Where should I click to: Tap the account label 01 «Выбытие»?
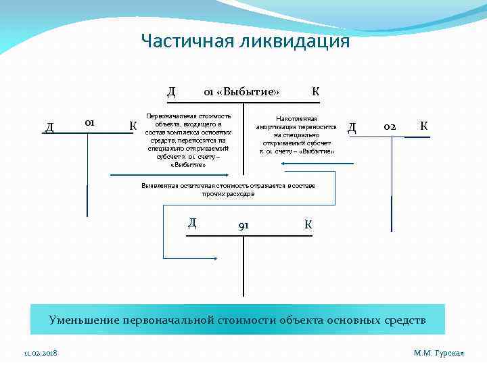[x=242, y=92]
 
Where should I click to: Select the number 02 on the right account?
[x=390, y=126]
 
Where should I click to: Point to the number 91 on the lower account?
[x=243, y=225]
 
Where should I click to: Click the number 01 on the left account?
[x=88, y=122]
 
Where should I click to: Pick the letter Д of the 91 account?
[x=193, y=223]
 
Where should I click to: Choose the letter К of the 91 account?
[x=308, y=224]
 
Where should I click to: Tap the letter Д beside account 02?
[x=352, y=126]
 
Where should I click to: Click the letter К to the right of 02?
[x=423, y=126]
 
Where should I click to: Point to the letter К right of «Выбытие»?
[x=316, y=91]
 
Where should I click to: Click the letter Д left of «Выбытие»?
[x=172, y=91]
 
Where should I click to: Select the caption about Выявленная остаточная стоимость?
[x=228, y=189]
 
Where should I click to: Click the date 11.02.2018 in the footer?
[x=41, y=353]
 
